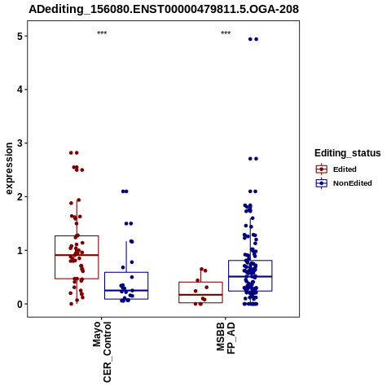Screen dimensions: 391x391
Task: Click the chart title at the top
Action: coord(164,9)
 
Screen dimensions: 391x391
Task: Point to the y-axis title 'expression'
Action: coord(9,169)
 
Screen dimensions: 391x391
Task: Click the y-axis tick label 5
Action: coord(20,36)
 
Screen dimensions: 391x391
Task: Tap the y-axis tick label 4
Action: coord(20,90)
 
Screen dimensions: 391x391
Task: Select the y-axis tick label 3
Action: coord(20,143)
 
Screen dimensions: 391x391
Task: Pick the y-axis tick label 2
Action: coord(20,197)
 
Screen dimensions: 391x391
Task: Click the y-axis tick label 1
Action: coord(20,250)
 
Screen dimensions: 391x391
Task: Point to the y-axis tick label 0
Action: coord(20,304)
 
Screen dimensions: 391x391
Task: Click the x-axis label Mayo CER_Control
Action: coord(102,352)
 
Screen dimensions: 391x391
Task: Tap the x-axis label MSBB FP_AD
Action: coord(226,337)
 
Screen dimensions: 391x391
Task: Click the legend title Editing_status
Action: coord(348,153)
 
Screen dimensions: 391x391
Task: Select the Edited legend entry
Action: coord(336,169)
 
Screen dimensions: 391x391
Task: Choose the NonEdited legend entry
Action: coord(344,183)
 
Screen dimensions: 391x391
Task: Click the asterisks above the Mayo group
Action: coord(102,33)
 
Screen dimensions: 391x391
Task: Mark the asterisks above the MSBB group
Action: coord(226,33)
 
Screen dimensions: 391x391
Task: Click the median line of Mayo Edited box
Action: coord(77,255)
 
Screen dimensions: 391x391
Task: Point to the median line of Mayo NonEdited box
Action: coord(126,291)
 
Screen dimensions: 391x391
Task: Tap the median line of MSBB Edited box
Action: coord(200,295)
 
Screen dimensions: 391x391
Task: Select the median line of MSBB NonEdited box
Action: coord(250,276)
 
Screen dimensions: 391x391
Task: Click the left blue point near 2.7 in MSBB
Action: coord(250,159)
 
